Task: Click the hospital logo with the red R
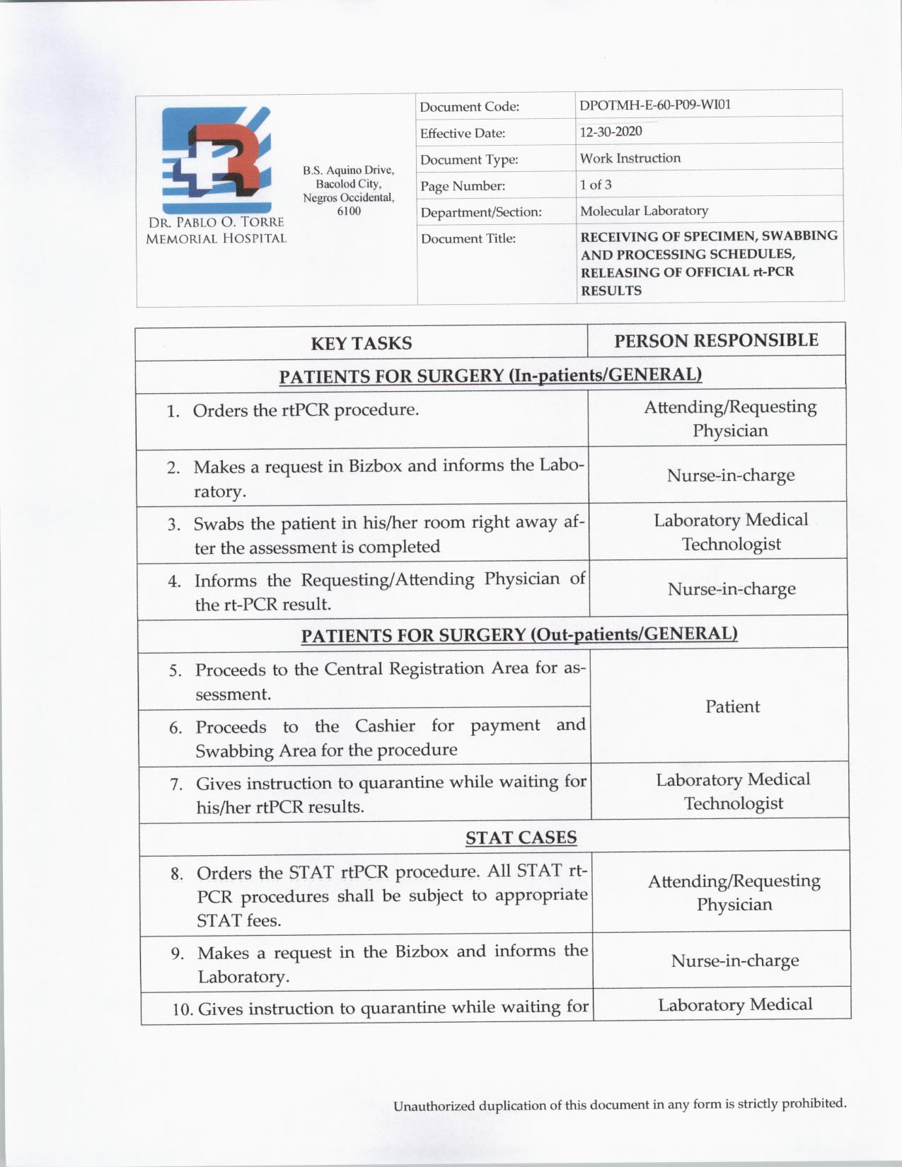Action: click(216, 160)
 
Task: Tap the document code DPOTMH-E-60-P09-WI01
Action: click(655, 105)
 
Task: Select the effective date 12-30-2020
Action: click(611, 132)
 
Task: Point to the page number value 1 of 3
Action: click(596, 185)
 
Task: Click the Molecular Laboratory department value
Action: click(644, 211)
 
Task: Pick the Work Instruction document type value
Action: click(630, 158)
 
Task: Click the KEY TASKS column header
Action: click(361, 343)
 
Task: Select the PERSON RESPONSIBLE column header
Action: click(716, 340)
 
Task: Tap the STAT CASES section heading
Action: click(521, 837)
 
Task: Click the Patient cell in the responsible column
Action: click(732, 706)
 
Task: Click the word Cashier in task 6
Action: click(385, 726)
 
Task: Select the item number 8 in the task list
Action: click(176, 873)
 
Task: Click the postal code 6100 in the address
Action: click(349, 211)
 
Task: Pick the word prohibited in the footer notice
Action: click(814, 1103)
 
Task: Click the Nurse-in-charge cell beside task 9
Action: click(734, 960)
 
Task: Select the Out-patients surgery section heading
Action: click(519, 634)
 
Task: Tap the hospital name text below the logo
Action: click(216, 231)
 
